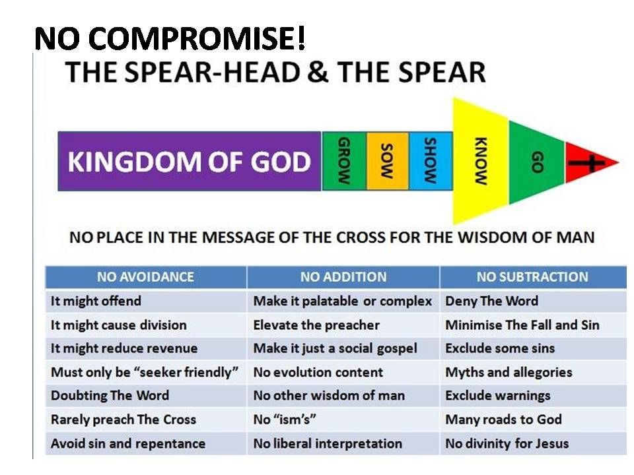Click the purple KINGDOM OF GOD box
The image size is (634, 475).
tap(190, 162)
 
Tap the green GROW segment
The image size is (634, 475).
tap(343, 162)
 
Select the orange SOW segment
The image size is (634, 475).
tap(387, 162)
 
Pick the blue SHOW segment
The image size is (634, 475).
tap(431, 162)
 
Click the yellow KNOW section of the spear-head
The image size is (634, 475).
tap(481, 162)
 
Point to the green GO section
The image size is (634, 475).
tap(536, 162)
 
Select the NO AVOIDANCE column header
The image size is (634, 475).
tap(145, 277)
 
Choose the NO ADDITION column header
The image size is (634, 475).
tap(343, 277)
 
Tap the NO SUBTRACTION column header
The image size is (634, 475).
tap(532, 277)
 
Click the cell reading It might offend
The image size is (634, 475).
tap(96, 301)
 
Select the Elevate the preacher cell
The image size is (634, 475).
tap(316, 325)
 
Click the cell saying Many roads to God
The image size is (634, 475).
tap(503, 420)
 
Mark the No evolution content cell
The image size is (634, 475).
tap(318, 372)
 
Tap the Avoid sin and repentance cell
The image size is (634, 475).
tap(128, 443)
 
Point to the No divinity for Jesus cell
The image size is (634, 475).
tap(507, 443)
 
